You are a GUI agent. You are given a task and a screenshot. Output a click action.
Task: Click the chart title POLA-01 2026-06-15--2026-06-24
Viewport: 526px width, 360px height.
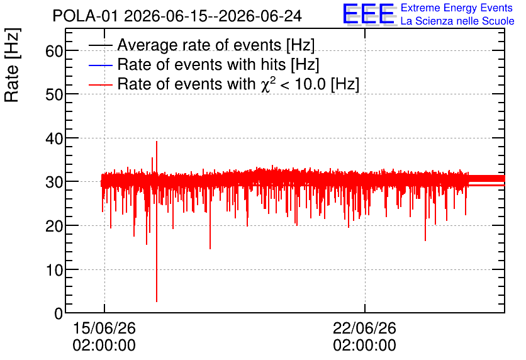[x=177, y=16]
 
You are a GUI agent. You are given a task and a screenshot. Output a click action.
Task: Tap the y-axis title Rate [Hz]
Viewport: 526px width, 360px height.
[x=12, y=65]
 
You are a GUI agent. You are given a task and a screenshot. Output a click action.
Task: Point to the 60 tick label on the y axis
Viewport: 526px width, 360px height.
[x=54, y=52]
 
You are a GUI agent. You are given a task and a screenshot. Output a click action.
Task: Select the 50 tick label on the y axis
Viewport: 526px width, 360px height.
[x=54, y=95]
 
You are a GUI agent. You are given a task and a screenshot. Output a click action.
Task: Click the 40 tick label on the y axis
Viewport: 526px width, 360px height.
[x=54, y=138]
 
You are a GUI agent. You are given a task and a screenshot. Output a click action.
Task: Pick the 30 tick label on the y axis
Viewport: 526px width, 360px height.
[x=54, y=182]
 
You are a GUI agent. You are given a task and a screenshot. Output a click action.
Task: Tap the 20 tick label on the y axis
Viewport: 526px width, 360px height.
[x=54, y=227]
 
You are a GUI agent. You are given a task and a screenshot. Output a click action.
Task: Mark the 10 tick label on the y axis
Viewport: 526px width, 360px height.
[x=54, y=270]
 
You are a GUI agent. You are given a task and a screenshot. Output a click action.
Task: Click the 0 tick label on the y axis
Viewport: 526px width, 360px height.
[x=59, y=313]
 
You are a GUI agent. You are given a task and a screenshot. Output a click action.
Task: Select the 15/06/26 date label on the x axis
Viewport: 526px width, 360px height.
[x=104, y=328]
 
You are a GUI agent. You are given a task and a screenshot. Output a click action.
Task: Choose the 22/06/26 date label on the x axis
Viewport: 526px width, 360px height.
[x=365, y=328]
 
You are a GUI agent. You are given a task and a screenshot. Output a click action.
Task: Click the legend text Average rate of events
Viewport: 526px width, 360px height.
[x=199, y=45]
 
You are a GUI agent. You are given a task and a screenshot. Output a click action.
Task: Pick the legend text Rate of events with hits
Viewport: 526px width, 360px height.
[x=201, y=64]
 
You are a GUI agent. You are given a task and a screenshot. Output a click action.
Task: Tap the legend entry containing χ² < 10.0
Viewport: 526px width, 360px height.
[x=238, y=84]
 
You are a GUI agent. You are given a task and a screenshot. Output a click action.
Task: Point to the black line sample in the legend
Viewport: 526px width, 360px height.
[x=101, y=45]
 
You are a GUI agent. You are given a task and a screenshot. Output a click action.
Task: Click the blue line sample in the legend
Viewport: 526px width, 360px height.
[x=101, y=65]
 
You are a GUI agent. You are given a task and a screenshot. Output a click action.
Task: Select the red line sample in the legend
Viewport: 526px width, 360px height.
[x=101, y=84]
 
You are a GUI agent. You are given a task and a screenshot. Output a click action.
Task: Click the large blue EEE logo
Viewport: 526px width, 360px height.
[x=369, y=14]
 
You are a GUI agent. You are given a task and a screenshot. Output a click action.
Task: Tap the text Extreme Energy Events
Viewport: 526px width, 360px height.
[x=457, y=8]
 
